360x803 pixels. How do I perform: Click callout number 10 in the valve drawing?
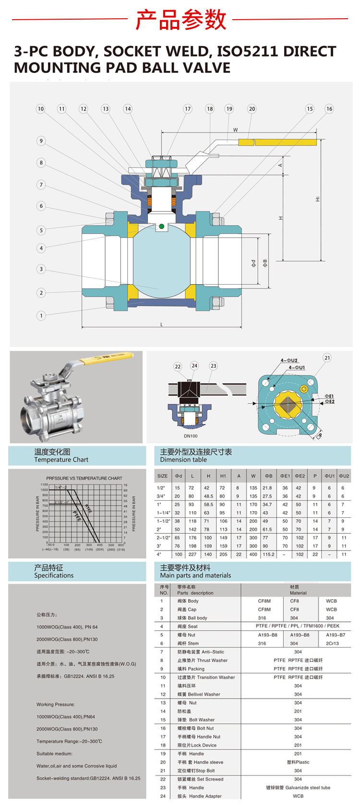41,109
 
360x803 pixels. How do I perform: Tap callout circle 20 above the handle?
252,109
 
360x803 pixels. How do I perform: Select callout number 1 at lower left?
41,315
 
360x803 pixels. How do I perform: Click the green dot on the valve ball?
162,226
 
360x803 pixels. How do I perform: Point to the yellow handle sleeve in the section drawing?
277,142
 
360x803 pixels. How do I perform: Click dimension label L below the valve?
162,324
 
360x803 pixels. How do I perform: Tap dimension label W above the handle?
235,130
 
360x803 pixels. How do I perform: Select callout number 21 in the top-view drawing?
327,358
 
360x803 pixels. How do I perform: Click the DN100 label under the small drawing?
191,436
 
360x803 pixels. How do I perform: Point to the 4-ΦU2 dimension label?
289,360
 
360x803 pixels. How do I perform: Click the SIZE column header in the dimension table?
163,476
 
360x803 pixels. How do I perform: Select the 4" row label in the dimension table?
159,554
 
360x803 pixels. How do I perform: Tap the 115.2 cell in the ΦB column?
268,554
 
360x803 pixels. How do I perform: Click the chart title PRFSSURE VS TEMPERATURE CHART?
84,478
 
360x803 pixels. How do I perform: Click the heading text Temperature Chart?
61,460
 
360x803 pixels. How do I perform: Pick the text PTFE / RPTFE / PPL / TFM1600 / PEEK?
298,626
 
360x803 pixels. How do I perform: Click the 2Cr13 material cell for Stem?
332,643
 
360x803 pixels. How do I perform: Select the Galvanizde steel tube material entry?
298,787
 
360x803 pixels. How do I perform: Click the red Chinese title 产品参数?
180,20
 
